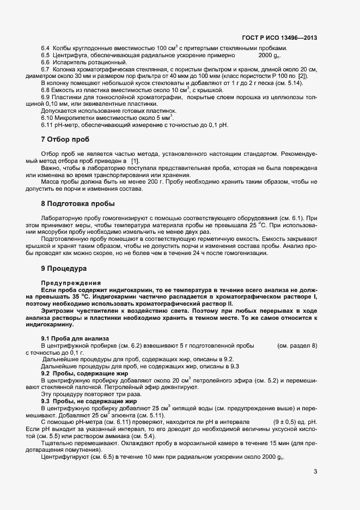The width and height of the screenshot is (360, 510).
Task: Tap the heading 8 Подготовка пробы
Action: point(78,204)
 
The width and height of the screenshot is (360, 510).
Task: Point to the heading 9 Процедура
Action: point(64,269)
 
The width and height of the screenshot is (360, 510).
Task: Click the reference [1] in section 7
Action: point(135,161)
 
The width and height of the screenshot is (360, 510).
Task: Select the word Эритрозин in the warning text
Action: point(57,311)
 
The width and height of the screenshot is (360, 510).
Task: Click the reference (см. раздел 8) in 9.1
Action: point(297,346)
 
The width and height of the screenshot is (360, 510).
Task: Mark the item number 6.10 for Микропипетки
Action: point(47,118)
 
